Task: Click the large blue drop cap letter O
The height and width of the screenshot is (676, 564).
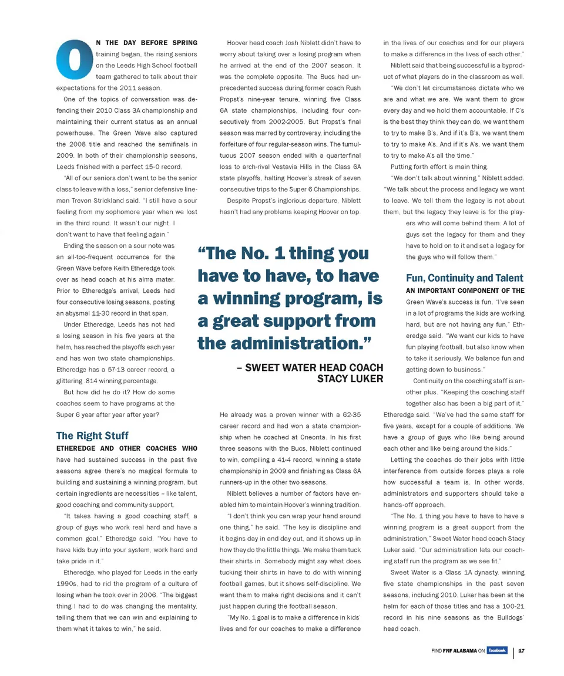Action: (75, 59)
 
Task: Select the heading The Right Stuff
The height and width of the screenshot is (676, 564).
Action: (92, 435)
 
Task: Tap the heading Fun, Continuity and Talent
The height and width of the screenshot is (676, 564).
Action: (464, 278)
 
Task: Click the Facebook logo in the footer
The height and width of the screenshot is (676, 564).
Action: (497, 650)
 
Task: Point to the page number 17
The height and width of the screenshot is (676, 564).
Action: (521, 651)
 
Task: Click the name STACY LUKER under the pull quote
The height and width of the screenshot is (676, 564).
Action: (350, 379)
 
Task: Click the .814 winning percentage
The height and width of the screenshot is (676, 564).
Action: (92, 381)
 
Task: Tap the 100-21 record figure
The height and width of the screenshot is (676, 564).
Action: (509, 606)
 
